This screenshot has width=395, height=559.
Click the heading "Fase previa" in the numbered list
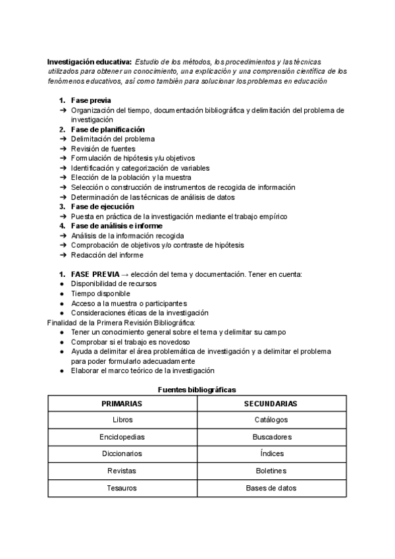(91, 100)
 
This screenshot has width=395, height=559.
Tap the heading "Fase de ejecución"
(102, 206)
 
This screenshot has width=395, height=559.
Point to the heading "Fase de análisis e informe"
(117, 225)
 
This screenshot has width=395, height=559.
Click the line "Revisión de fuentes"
(103, 148)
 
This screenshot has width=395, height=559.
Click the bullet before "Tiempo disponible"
(62, 293)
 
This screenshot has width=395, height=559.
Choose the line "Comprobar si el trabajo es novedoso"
(130, 342)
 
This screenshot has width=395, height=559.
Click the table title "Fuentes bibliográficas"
(197, 390)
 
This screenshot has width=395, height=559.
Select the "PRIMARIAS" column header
(122, 403)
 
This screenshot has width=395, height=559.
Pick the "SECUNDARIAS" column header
(271, 403)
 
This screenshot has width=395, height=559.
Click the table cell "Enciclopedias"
(122, 437)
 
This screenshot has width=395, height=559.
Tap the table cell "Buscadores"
(271, 437)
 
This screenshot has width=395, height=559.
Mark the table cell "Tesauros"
(122, 488)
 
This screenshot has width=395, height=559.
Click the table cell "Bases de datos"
(271, 488)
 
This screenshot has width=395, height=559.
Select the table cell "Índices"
(271, 454)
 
